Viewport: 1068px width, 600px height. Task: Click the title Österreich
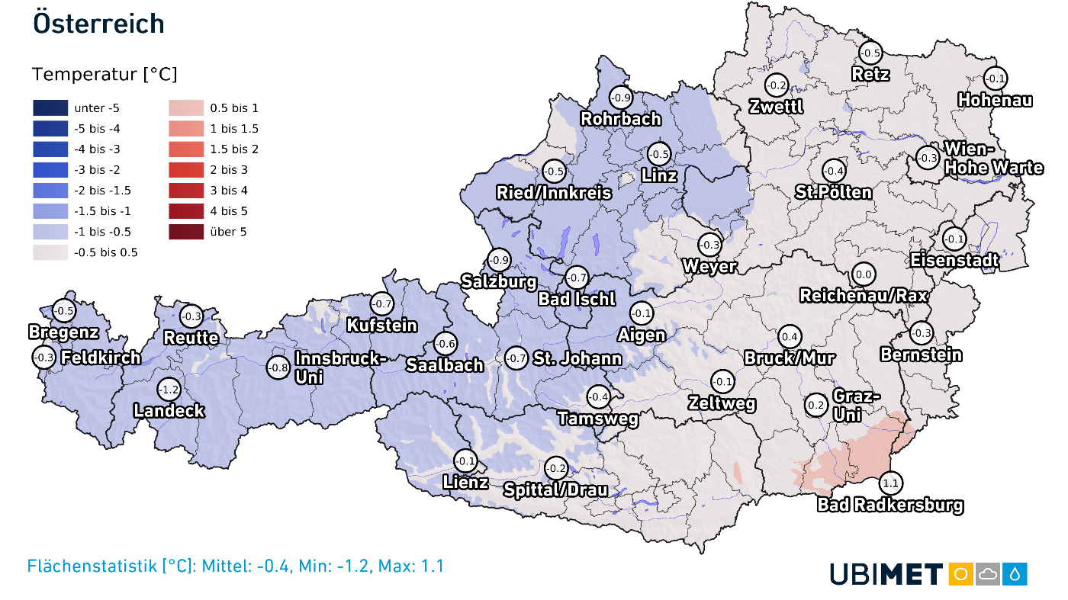pyautogui.click(x=98, y=23)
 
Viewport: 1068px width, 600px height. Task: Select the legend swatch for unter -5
pyautogui.click(x=50, y=108)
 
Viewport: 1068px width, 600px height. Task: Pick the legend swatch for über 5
pyautogui.click(x=186, y=232)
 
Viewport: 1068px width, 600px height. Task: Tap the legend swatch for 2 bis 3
pyautogui.click(x=186, y=170)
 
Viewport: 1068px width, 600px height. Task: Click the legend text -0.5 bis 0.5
pyautogui.click(x=105, y=252)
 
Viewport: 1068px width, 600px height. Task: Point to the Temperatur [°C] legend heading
pyautogui.click(x=105, y=75)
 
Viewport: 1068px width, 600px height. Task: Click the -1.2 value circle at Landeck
pyautogui.click(x=168, y=390)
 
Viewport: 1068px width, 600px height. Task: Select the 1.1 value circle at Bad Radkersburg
pyautogui.click(x=890, y=483)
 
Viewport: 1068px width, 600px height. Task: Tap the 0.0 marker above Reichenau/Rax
pyautogui.click(x=864, y=274)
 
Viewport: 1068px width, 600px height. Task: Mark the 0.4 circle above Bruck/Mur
pyautogui.click(x=790, y=337)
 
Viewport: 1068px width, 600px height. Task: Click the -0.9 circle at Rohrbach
pyautogui.click(x=622, y=98)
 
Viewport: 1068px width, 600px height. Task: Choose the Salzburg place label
pyautogui.click(x=499, y=281)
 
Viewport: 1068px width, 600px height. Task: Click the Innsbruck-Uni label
pyautogui.click(x=340, y=367)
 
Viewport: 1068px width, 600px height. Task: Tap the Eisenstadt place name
pyautogui.click(x=954, y=261)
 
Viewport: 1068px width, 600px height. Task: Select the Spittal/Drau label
pyautogui.click(x=555, y=489)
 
